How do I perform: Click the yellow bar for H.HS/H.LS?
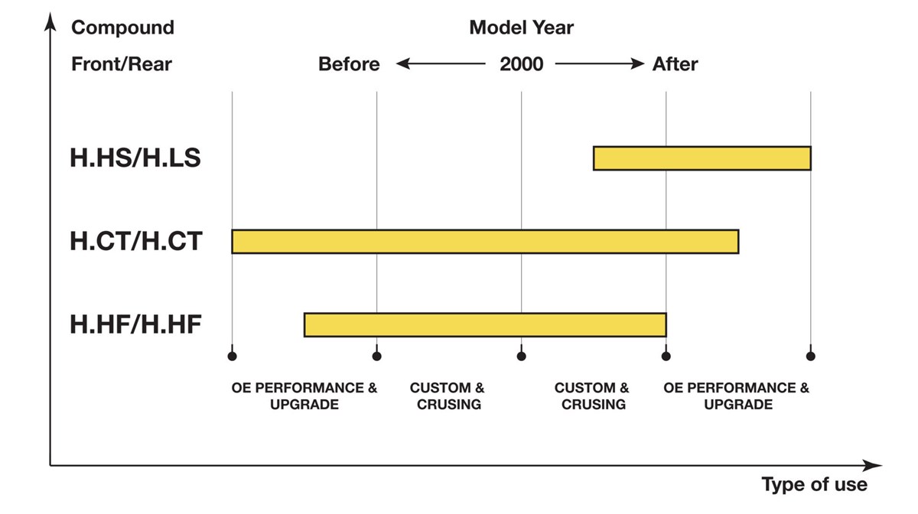coord(702,158)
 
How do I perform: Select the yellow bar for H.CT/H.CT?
coord(485,242)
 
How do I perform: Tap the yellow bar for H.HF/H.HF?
coord(485,324)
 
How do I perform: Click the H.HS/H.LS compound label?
coord(135,158)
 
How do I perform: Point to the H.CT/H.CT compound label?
coord(136,241)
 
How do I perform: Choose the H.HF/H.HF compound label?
coord(135,324)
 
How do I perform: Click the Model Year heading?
coord(521,28)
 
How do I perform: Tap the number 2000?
coord(521,64)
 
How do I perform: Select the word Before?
coord(349,64)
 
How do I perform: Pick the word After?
coord(675,64)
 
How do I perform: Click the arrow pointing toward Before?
coord(441,63)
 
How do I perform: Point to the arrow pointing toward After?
coord(600,63)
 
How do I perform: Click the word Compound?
coord(123,28)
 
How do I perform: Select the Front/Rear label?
coord(122,64)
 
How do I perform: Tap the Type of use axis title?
coord(814,484)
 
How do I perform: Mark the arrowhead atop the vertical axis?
coord(50,21)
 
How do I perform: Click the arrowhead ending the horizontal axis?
coord(872,465)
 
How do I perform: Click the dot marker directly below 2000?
coord(521,356)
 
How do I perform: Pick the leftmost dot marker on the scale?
coord(232,356)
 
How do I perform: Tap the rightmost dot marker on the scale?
coord(810,356)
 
